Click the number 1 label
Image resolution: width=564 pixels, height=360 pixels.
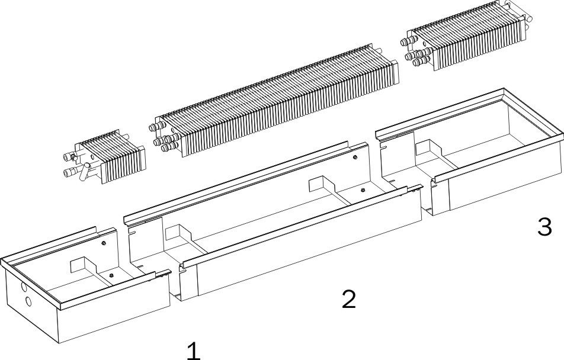[193, 350]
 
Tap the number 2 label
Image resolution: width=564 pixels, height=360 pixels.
[349, 300]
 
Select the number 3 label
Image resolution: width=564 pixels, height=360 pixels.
[544, 226]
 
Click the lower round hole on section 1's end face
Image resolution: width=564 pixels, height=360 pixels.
[28, 301]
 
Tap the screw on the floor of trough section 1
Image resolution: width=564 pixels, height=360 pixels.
[110, 274]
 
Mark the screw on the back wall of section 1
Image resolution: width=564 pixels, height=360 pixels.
[104, 243]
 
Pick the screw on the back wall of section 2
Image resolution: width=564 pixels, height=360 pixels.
[354, 157]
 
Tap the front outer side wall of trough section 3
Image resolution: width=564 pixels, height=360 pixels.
[498, 184]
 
